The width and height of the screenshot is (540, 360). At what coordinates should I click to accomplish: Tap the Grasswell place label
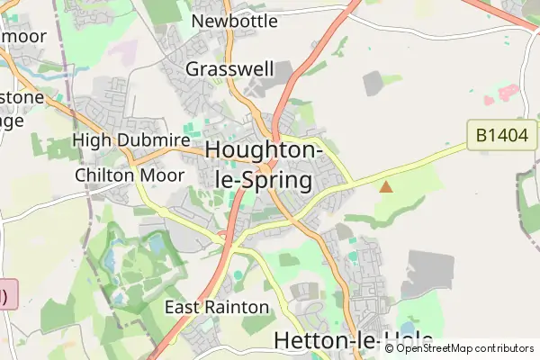coord(229,68)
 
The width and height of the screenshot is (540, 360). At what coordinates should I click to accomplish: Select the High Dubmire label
coord(130,140)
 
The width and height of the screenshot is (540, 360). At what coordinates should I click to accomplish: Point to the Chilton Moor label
coord(130,174)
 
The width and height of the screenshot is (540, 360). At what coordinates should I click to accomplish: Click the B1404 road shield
coord(502,136)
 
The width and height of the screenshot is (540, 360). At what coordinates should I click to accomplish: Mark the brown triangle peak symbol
coord(386,187)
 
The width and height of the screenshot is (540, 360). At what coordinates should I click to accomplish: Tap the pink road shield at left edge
coord(7,294)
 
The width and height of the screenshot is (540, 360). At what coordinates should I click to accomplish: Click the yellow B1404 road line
coord(414,165)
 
